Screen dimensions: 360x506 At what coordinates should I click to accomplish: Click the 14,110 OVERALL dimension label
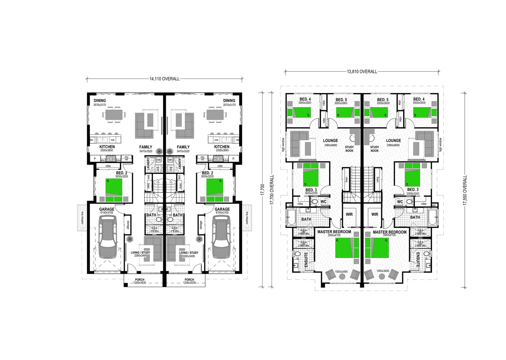pos(164,79)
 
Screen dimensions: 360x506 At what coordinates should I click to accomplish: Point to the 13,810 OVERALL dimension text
pos(362,71)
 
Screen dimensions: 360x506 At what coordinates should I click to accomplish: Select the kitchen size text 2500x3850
pos(107,151)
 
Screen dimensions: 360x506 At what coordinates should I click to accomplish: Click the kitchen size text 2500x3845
pos(222,151)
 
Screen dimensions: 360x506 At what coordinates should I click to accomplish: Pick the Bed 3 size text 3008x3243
pos(413,193)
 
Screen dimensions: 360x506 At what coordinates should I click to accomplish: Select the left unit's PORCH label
pos(140,280)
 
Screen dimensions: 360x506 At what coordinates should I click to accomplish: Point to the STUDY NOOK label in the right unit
pos(374,149)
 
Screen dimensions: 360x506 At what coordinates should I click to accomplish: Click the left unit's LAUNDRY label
pos(149,165)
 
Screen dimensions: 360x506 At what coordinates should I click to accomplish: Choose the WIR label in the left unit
pos(349,214)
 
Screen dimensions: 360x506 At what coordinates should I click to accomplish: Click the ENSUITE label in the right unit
pos(418,260)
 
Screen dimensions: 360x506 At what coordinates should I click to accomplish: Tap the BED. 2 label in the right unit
pos(207,173)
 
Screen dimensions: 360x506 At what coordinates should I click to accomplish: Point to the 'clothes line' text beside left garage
pos(82,218)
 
